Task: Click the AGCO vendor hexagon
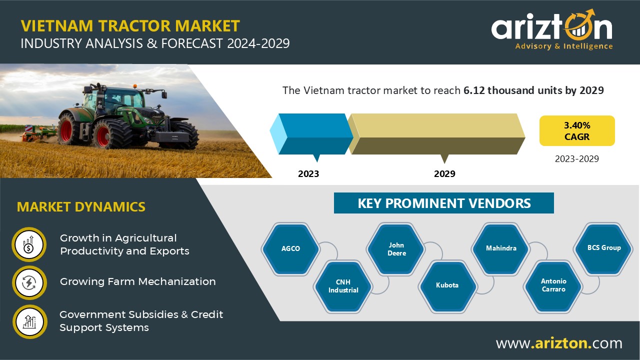point(290,249)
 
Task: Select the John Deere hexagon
point(396,249)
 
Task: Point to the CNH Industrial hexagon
point(343,286)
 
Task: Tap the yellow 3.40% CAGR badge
point(577,131)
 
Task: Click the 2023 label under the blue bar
point(308,173)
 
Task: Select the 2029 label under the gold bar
point(444,173)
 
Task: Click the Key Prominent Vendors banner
point(443,203)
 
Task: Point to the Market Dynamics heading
point(81,207)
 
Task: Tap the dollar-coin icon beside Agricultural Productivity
point(29,244)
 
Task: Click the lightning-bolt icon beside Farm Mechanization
point(29,283)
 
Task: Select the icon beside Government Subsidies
point(29,321)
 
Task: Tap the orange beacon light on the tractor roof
point(135,86)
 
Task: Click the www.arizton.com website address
point(559,343)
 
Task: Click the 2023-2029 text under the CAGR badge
point(576,159)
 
